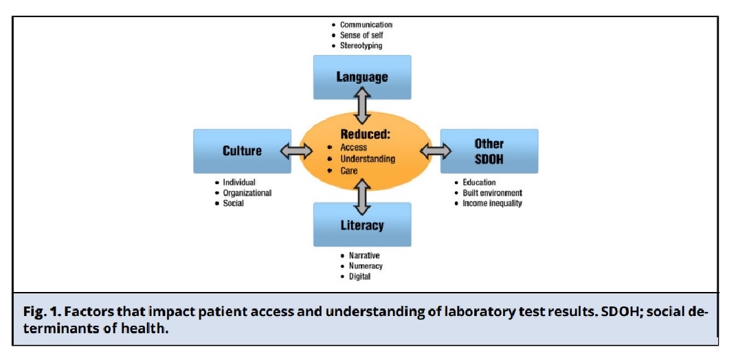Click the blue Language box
(x=362, y=77)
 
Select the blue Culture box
(x=242, y=150)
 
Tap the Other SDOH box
(x=489, y=150)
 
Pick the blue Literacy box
(x=362, y=225)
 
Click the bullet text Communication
(x=366, y=25)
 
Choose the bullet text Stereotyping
(x=361, y=46)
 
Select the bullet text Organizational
(x=247, y=193)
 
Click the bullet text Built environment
(x=492, y=193)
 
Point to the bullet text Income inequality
(x=492, y=203)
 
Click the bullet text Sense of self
(x=361, y=36)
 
